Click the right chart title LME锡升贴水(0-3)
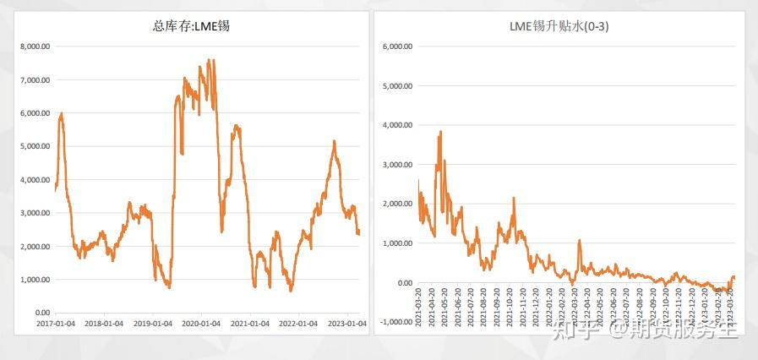pos(559,26)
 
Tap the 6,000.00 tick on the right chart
pos(397,46)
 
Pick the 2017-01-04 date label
pos(55,324)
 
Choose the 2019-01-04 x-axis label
pos(153,324)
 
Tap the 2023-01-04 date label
pos(346,324)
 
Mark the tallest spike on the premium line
pos(440,132)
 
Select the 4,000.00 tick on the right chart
pos(397,125)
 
